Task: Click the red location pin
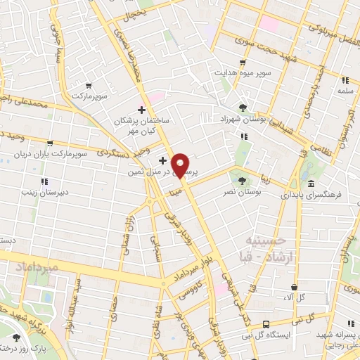(181, 165)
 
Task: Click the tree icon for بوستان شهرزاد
(243, 108)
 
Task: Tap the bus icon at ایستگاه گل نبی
(266, 323)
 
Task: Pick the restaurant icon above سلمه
(345, 80)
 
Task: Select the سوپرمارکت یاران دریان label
(44, 153)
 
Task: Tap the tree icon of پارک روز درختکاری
(16, 337)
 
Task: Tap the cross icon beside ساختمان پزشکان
(141, 110)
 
